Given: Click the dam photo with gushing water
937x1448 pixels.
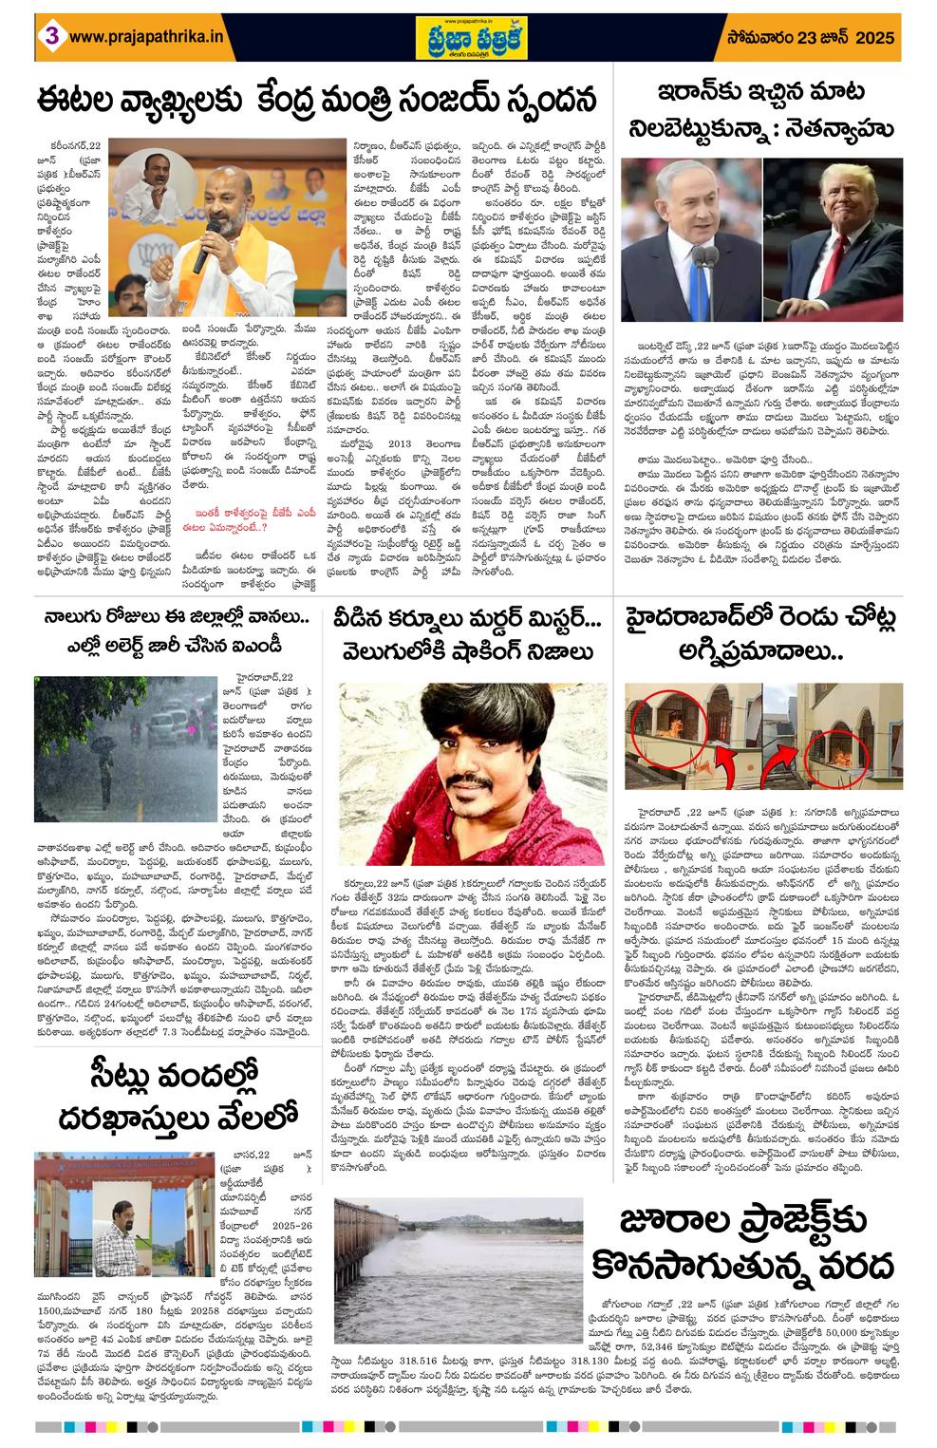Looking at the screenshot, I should click(459, 1242).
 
